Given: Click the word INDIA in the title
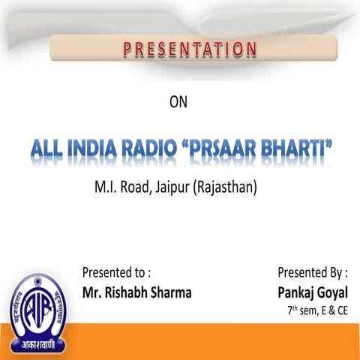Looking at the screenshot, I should pos(89,150).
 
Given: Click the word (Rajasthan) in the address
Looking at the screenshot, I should pos(225,186).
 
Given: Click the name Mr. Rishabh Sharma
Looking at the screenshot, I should pos(136,292).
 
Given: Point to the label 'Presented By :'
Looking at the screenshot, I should pos(313,271).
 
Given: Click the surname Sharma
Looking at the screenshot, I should pos(169,292).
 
